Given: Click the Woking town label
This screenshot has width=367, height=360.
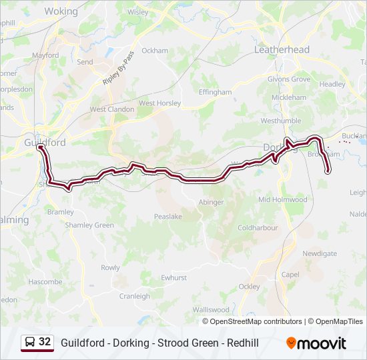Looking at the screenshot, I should coord(61,11).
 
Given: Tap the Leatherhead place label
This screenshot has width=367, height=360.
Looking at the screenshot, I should coord(282,50).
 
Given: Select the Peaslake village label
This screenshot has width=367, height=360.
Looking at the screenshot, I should coord(167,217).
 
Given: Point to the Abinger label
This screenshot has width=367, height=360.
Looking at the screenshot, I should coord(212,202).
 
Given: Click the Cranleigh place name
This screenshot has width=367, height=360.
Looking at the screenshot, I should coord(134,296).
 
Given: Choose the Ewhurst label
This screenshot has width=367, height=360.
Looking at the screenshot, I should coord(174,277).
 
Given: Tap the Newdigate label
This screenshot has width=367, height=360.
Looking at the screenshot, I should coord(319,253).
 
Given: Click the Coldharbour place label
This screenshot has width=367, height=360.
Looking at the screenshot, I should coord(257,227).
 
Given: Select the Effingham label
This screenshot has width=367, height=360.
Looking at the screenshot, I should coord(215,92).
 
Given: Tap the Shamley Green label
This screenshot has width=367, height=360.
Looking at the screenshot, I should coord(89,225).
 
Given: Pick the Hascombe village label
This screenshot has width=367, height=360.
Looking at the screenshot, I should coord(45,282).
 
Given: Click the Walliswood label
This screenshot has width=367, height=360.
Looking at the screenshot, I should coord(210,310).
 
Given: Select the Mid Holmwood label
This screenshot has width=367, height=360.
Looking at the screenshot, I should coord(282,199).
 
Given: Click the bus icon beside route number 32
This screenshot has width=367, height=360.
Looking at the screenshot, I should coord(31,343).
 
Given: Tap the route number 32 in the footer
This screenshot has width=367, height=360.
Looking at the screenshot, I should coord(45,342).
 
